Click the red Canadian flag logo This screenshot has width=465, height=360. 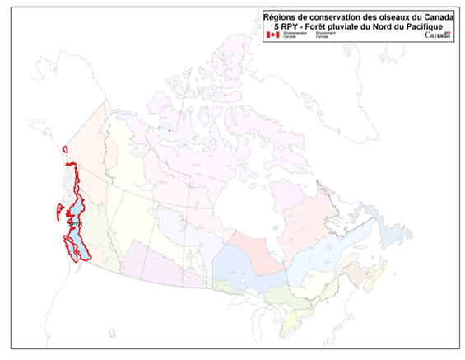pos(272,35)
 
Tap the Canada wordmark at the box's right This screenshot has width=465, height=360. pos(436,35)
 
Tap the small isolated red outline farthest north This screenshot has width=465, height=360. pos(63,148)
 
